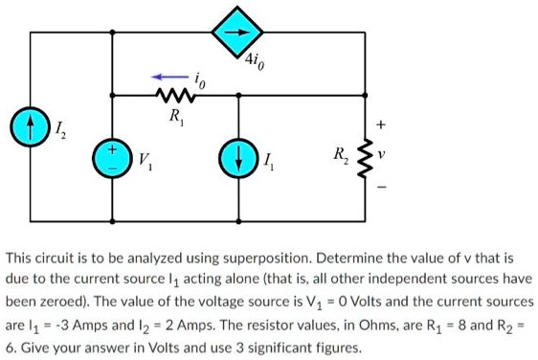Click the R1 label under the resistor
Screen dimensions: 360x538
pos(173,119)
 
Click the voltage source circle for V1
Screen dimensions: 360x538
pos(112,159)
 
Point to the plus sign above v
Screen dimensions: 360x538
pos(382,124)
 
